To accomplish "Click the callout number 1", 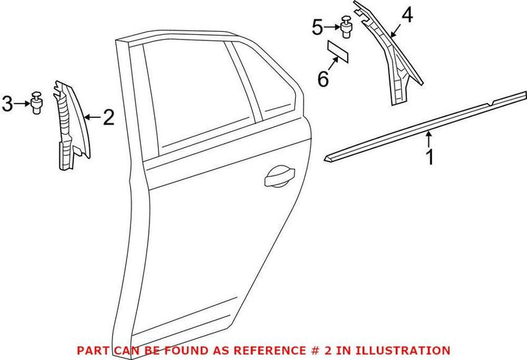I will [429, 158].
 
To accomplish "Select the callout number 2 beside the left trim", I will [109, 117].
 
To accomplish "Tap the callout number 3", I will [8, 103].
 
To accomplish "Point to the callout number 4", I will [408, 15].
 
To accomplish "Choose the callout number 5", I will [318, 27].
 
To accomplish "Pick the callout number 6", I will [323, 79].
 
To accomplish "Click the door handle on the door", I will [279, 177].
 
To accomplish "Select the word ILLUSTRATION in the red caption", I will [407, 350].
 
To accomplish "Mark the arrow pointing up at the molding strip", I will [430, 138].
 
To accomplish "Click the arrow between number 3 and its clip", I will [22, 103].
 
